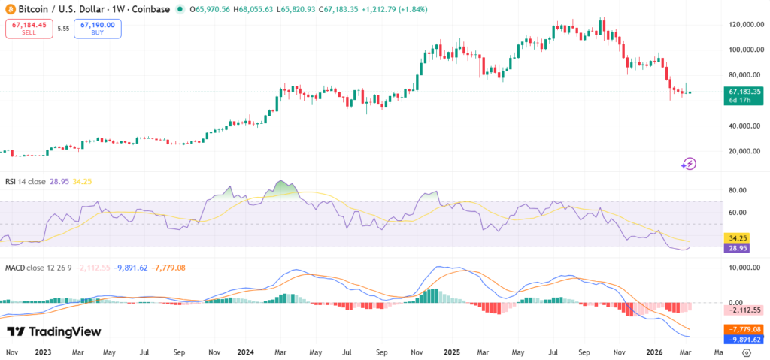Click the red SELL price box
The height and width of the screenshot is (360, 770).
[29, 29]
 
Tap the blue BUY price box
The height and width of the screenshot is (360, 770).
[98, 29]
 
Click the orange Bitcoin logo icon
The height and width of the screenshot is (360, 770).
[10, 9]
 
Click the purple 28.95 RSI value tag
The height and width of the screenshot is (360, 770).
[741, 247]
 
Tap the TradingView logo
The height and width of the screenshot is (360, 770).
[53, 332]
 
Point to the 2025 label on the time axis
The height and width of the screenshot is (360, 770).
[452, 352]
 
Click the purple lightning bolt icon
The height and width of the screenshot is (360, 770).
[689, 163]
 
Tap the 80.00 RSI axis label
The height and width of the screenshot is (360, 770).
[737, 190]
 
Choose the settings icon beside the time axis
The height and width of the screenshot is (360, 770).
[746, 352]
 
